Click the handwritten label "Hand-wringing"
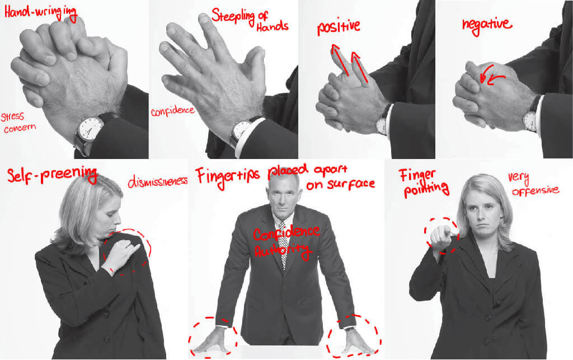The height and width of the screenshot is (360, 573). [40, 13]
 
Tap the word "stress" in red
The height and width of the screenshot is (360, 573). [12, 117]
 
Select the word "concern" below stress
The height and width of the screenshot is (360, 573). [20, 128]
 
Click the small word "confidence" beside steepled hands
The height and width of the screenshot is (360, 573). [172, 111]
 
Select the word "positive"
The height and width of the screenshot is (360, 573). [339, 27]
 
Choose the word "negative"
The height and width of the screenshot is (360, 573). [487, 25]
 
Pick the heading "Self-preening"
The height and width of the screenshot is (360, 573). [52, 175]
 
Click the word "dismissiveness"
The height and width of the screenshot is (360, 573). [157, 180]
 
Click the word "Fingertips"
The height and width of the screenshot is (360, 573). [227, 177]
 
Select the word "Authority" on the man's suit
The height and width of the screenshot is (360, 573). [283, 251]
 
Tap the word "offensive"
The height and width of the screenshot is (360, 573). [536, 190]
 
